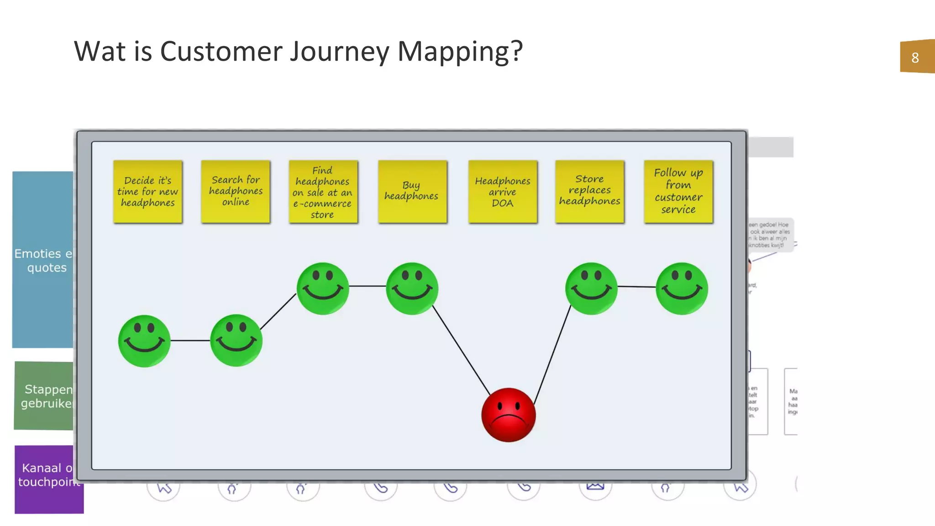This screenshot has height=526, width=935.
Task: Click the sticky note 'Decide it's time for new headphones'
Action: coord(147,191)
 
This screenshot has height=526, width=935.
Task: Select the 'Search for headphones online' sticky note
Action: coord(236,191)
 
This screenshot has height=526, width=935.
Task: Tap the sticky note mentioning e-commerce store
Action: coord(323,192)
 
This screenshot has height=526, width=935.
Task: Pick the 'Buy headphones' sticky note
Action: coord(412,191)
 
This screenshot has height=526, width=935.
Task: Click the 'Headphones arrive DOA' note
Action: coord(502,192)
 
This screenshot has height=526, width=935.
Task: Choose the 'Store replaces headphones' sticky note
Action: coord(589,191)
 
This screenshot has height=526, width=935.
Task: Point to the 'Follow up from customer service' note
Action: coord(678,191)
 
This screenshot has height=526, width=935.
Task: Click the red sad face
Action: coord(508,415)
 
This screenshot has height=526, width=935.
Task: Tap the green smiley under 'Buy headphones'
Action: coord(412,288)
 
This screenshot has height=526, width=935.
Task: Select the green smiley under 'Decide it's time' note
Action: coord(144,341)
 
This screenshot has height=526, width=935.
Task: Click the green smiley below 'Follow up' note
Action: coord(682,288)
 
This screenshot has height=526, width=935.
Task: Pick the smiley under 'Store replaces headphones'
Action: coord(591,288)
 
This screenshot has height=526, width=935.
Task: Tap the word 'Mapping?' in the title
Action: coord(460,51)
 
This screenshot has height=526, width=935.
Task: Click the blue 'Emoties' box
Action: coord(42,259)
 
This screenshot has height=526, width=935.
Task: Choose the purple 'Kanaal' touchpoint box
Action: coord(48,479)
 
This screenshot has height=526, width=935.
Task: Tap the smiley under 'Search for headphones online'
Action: coord(236,340)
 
